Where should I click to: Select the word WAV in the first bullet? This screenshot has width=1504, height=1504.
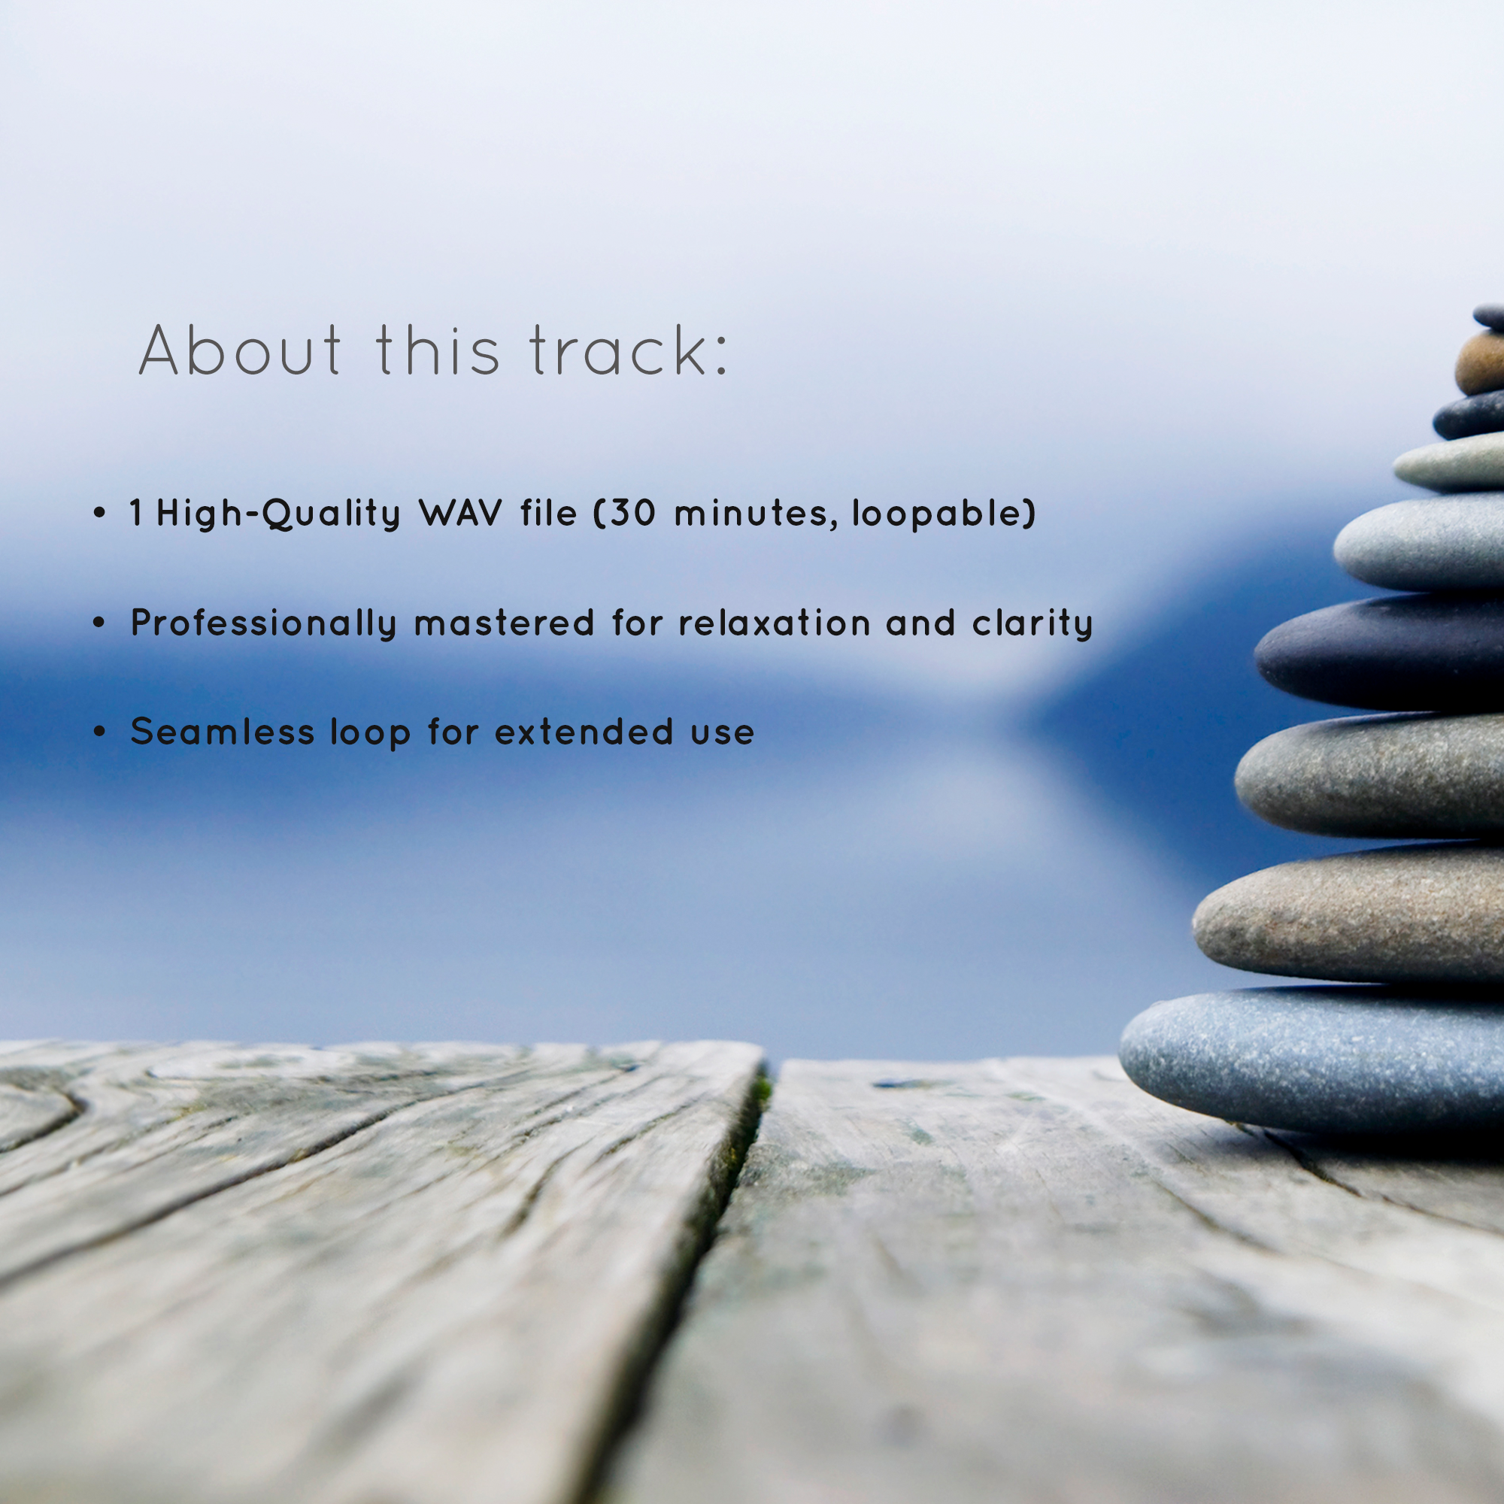460,513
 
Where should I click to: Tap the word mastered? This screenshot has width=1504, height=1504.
504,623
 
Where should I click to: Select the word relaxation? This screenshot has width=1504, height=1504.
775,623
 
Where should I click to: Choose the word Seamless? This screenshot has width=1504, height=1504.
222,732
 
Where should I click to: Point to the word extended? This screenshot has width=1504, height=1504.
584,732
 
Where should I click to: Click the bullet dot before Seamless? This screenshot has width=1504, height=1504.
99,732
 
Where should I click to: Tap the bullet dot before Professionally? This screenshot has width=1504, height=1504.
99,622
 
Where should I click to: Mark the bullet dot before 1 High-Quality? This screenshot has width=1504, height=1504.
99,513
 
